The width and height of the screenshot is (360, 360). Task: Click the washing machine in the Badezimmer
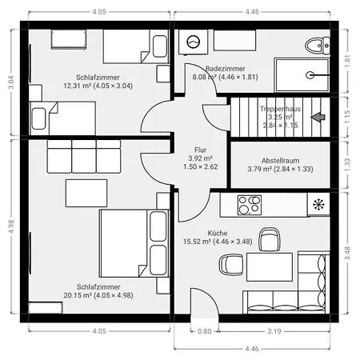tap(194, 42)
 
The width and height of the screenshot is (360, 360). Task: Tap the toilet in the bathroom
tap(318, 46)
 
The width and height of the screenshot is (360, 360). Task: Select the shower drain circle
tap(310, 75)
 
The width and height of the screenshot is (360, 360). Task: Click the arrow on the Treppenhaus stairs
tap(318, 117)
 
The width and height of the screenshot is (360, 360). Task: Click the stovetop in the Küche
tap(250, 205)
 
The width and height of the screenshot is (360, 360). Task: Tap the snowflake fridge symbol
tap(318, 205)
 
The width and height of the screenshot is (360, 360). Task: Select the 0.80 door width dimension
tap(205, 331)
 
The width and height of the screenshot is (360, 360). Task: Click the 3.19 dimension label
tap(274, 331)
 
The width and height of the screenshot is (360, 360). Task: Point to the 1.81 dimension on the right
tap(347, 61)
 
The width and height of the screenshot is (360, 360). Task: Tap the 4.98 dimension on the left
tap(11, 226)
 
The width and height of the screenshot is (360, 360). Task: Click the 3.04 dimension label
tap(11, 82)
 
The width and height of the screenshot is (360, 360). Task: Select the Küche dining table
tap(270, 267)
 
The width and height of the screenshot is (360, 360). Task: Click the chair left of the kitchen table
tap(231, 265)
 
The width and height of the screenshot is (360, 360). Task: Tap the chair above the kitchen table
tap(270, 239)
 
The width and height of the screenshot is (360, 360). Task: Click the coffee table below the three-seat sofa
tap(86, 193)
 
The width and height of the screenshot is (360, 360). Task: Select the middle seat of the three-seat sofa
tap(84, 157)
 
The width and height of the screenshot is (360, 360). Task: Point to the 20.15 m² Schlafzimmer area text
tap(98, 295)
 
